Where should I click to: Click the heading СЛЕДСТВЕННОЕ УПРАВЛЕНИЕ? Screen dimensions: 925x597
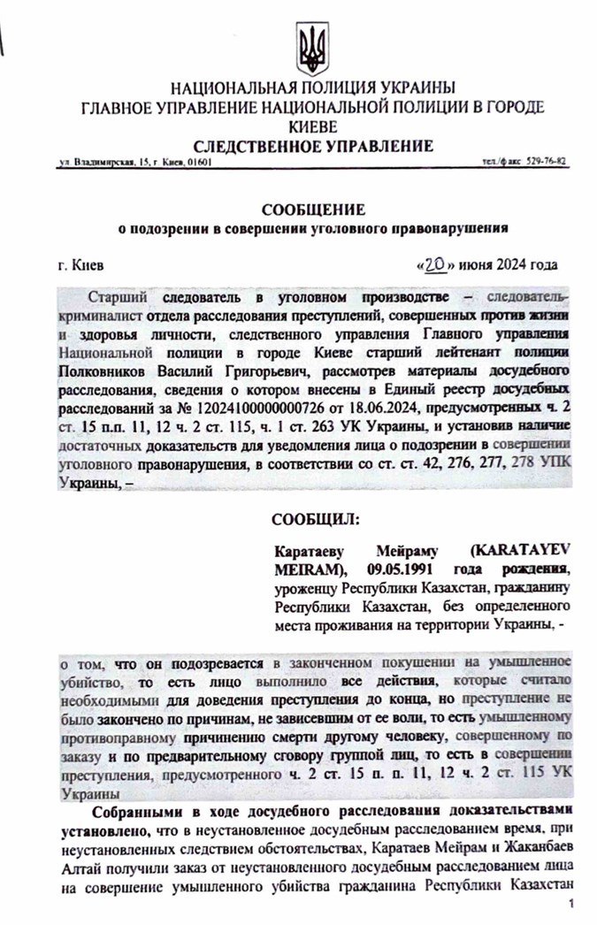[x=313, y=146]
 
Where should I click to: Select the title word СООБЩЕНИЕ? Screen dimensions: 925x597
[x=312, y=210]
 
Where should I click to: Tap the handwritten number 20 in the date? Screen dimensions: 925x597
[x=434, y=264]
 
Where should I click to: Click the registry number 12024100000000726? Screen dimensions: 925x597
[x=203, y=415]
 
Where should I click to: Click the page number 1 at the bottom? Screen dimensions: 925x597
[x=573, y=904]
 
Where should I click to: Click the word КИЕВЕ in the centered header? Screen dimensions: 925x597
[x=312, y=126]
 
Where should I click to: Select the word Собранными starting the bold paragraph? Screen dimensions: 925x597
[x=134, y=809]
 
